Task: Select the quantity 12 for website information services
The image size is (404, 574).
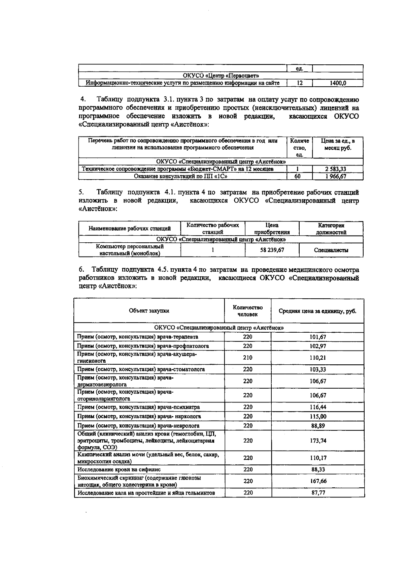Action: [x=299, y=83]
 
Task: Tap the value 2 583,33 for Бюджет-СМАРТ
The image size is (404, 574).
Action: [x=338, y=169]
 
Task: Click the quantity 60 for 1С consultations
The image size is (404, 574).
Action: [x=297, y=176]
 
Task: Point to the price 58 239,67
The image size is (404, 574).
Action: [x=272, y=250]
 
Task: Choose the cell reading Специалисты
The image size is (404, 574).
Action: [x=331, y=250]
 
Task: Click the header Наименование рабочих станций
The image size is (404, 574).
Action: [x=130, y=229]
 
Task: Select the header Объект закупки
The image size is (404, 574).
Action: [x=149, y=311]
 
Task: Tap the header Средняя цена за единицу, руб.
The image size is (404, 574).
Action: [x=317, y=311]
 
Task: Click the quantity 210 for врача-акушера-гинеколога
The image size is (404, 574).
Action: [x=248, y=357]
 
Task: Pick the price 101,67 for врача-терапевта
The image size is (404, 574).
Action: [x=318, y=337]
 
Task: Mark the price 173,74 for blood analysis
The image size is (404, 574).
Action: [x=318, y=441]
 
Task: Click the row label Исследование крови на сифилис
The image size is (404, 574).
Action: [x=119, y=469]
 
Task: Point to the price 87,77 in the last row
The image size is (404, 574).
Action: [x=318, y=493]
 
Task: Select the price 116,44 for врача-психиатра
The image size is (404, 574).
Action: [x=318, y=407]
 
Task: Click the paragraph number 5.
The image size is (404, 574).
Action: [x=81, y=192]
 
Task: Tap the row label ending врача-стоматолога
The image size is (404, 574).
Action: [x=141, y=369]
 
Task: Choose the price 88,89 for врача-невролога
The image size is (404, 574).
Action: [x=318, y=426]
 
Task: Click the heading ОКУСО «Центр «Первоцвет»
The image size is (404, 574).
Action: [x=221, y=76]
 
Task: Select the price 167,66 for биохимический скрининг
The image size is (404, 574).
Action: [x=318, y=481]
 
